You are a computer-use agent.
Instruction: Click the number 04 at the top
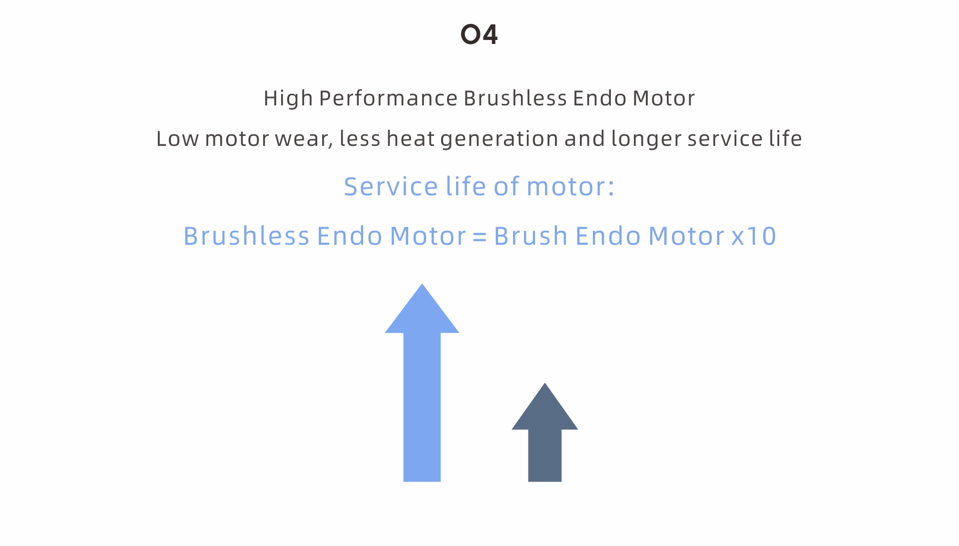(x=479, y=34)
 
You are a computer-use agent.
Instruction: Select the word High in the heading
(x=288, y=99)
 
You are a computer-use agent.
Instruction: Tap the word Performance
(x=388, y=98)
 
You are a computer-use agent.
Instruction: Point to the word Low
(x=177, y=138)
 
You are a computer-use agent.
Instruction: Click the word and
(x=585, y=138)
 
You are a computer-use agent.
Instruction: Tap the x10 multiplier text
(x=754, y=236)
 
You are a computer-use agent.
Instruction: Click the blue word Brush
(x=531, y=236)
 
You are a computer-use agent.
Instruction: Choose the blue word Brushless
(x=247, y=236)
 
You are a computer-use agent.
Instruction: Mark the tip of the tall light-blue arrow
(x=422, y=284)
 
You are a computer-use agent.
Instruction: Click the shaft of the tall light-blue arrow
(x=422, y=407)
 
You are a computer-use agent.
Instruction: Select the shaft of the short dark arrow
(x=545, y=456)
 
